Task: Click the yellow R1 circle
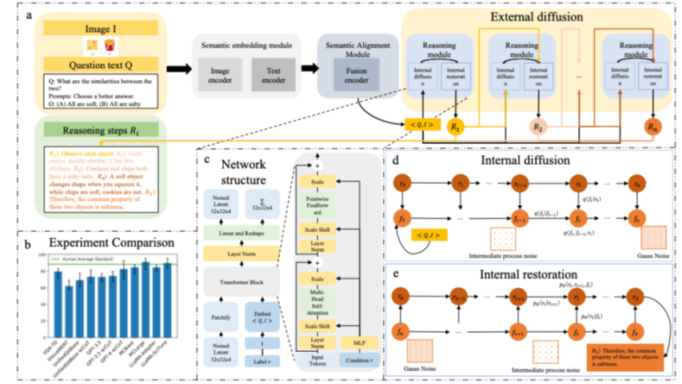pos(456,126)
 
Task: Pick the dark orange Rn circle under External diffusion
pos(654,127)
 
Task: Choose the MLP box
pos(361,342)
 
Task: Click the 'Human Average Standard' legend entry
pos(94,258)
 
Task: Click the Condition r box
pos(361,359)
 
